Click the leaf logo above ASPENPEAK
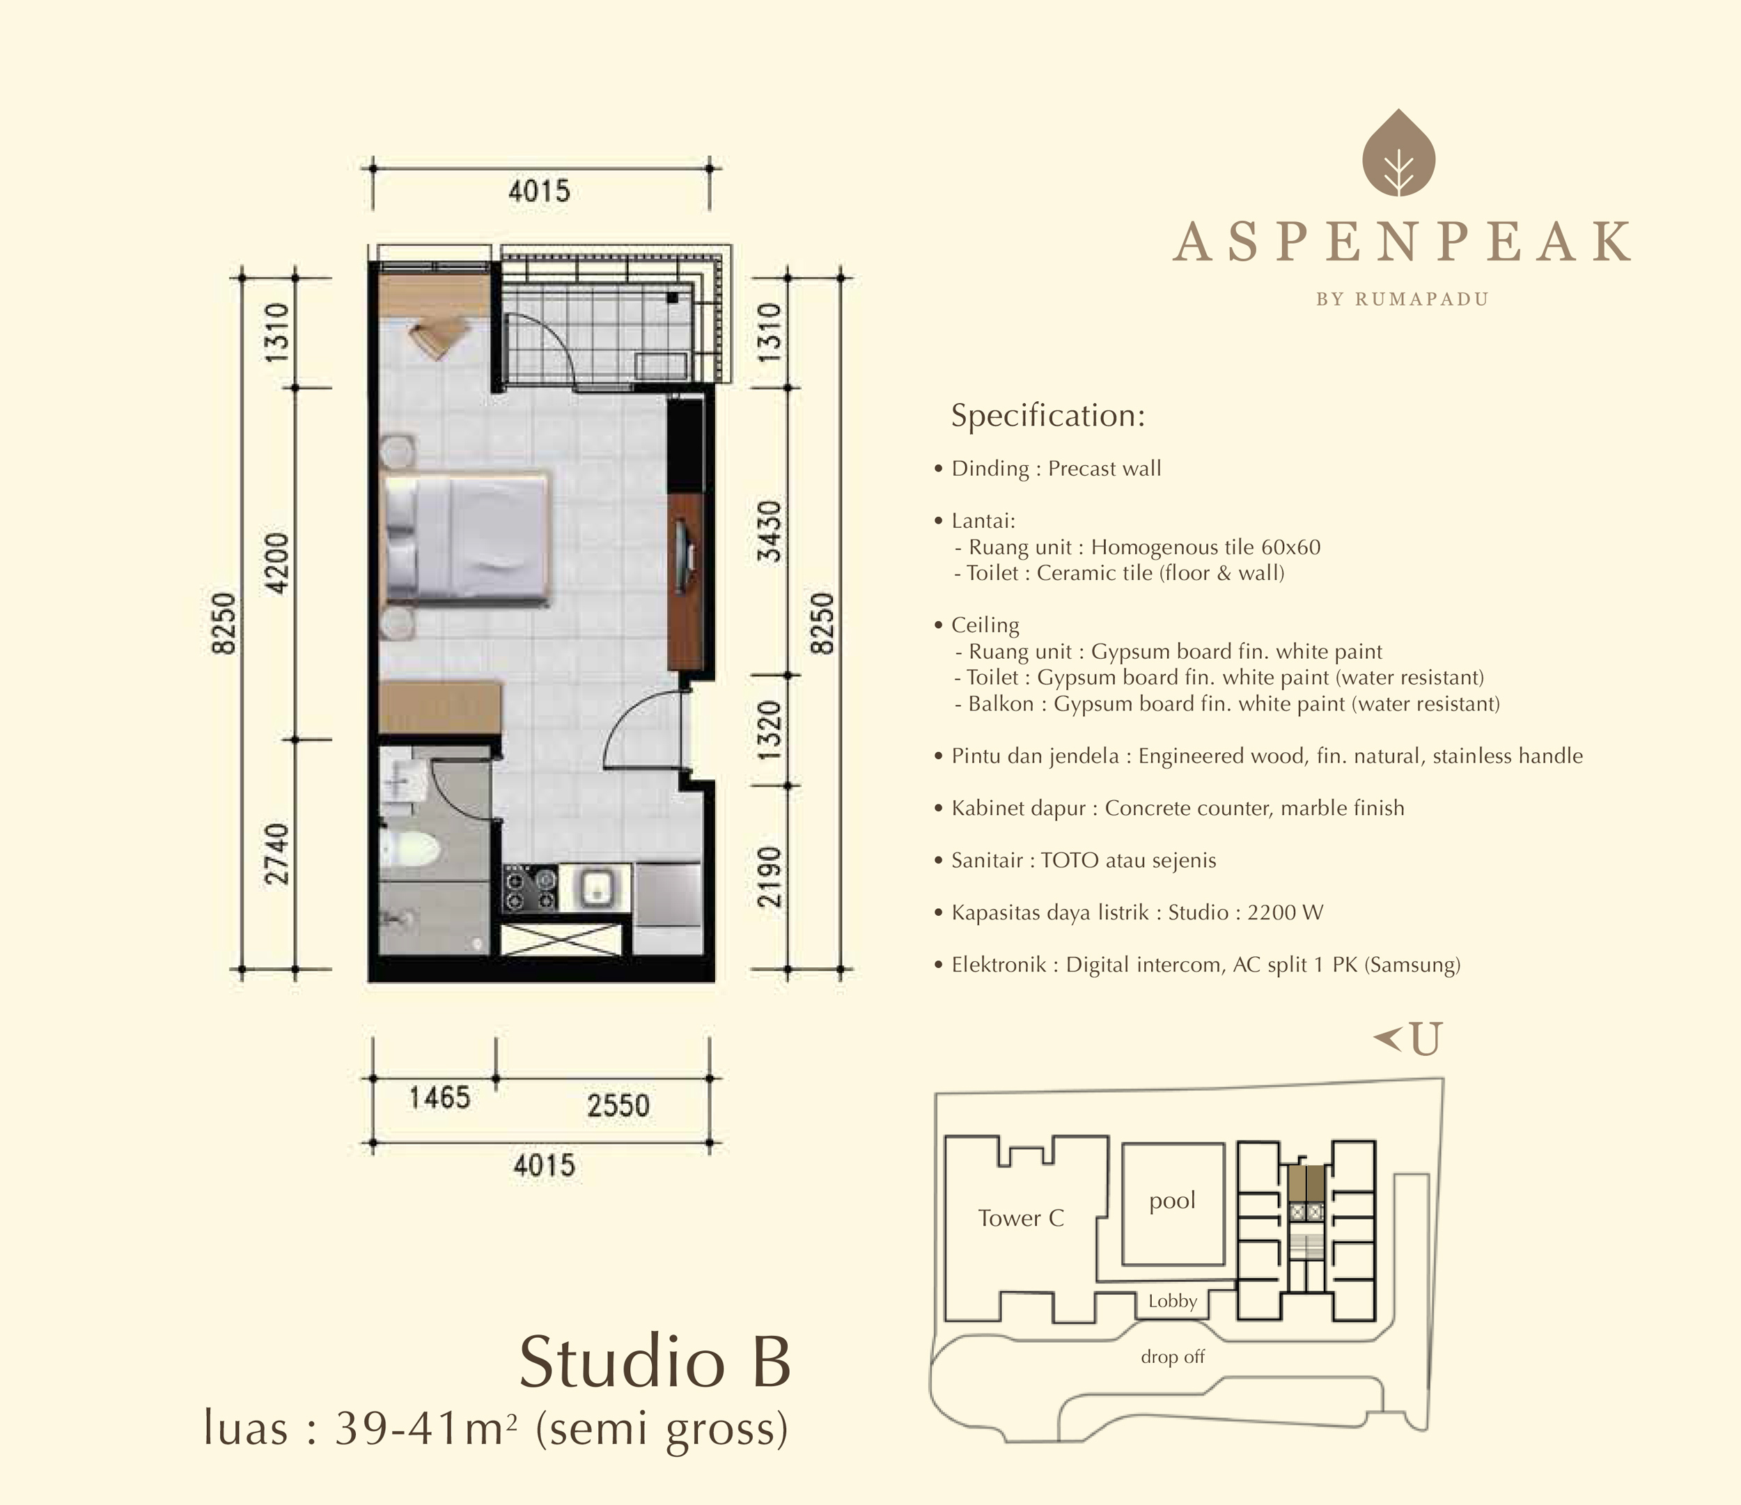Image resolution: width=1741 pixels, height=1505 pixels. click(1398, 153)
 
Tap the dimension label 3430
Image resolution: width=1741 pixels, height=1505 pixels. click(770, 532)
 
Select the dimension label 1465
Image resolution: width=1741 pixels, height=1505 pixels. click(439, 1098)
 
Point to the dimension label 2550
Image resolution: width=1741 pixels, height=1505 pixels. click(618, 1105)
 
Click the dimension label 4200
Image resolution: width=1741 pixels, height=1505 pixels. click(276, 563)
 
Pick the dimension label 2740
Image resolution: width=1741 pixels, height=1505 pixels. click(276, 854)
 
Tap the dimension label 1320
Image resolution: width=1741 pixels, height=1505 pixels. click(770, 731)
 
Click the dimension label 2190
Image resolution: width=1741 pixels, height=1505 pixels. click(770, 876)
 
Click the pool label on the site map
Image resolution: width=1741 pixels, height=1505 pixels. click(1172, 1201)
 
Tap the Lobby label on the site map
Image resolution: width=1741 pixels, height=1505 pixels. click(1172, 1301)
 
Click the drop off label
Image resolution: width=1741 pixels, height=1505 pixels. click(1172, 1356)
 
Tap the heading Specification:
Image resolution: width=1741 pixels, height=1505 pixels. click(1048, 416)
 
